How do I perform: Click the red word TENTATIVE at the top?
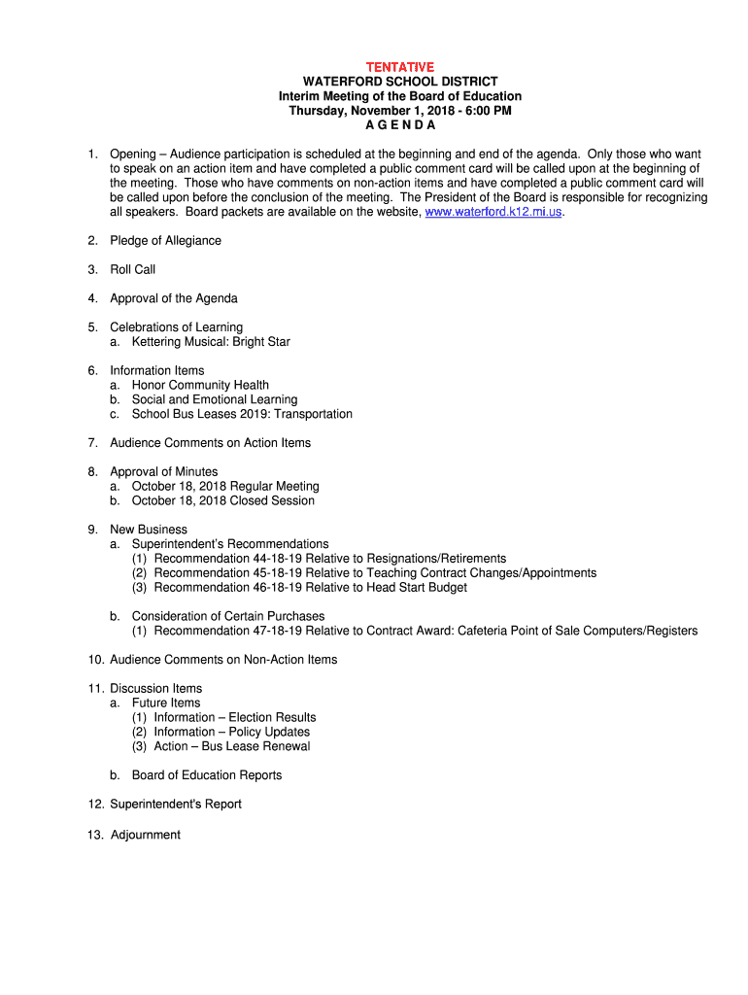click(x=400, y=67)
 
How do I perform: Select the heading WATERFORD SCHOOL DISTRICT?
click(x=400, y=82)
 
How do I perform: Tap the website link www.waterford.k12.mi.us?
click(x=493, y=212)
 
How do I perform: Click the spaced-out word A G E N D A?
click(x=400, y=125)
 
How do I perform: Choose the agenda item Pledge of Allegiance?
click(x=165, y=241)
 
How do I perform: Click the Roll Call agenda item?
click(x=132, y=269)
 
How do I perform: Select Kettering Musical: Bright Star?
click(x=211, y=342)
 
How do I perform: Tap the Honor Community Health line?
click(x=200, y=385)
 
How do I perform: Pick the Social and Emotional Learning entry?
click(x=215, y=399)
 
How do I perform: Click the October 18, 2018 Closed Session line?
click(x=223, y=500)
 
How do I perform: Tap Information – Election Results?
click(x=234, y=717)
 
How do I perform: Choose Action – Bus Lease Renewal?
click(x=232, y=746)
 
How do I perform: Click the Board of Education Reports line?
click(x=207, y=775)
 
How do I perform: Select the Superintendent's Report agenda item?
click(x=176, y=804)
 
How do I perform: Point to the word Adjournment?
click(x=146, y=835)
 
